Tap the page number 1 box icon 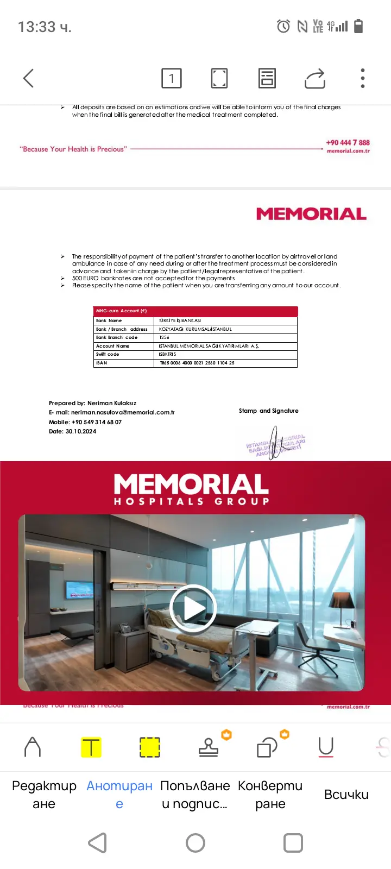pos(172,78)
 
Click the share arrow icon pos(315,78)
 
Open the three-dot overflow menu pos(363,78)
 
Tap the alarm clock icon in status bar pos(283,26)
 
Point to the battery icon pos(358,26)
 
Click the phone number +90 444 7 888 pos(348,142)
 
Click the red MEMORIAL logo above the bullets pos(311,214)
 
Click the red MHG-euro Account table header pos(195,311)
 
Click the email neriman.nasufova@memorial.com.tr pos(123,412)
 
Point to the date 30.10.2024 pos(81,431)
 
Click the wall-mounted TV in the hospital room pos(80,589)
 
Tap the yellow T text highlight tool pos(91,747)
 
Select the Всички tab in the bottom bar pos(346,795)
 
